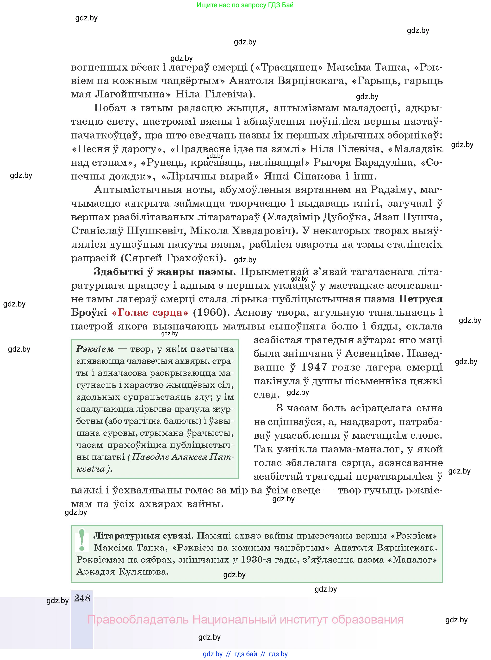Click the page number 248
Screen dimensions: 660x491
tap(82, 598)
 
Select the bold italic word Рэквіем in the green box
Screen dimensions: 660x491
tap(95, 349)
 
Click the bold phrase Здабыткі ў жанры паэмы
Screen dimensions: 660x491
tap(165, 271)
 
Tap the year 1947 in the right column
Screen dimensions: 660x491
tap(314, 367)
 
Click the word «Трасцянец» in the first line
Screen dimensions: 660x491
tap(287, 67)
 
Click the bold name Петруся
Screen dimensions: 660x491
tap(420, 299)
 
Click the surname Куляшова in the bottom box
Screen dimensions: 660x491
tap(143, 572)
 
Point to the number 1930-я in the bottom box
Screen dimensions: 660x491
tap(256, 560)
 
